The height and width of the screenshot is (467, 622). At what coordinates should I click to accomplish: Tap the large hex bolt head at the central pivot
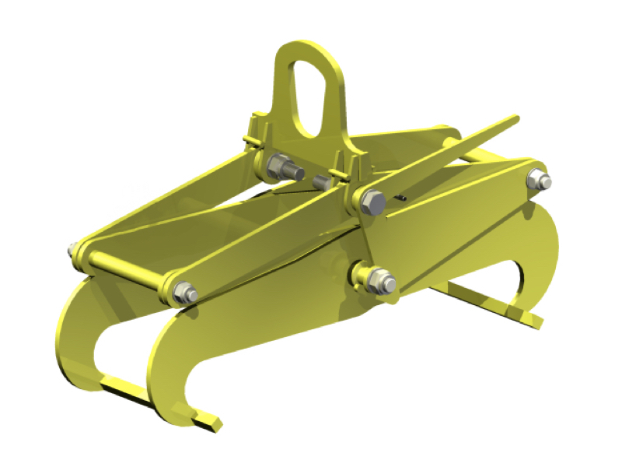click(x=372, y=202)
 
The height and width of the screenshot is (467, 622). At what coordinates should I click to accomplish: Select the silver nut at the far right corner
click(x=540, y=181)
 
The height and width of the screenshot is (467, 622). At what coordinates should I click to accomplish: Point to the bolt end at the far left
click(x=72, y=250)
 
